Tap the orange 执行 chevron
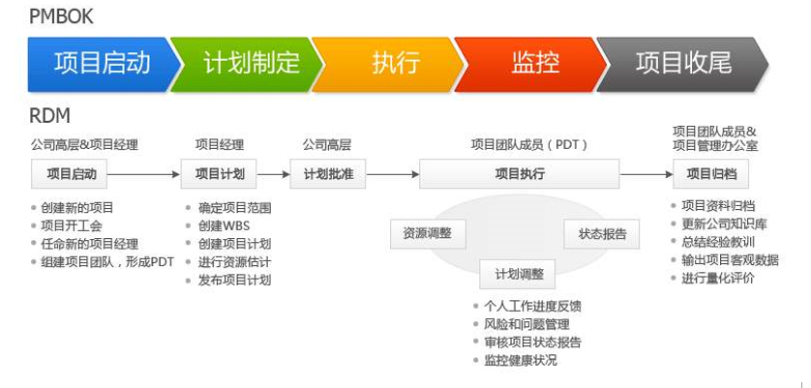tap(391, 65)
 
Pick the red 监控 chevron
tap(533, 65)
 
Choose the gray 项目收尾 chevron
tap(682, 65)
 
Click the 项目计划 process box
tap(220, 174)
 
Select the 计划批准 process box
tap(328, 174)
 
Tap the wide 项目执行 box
tap(519, 174)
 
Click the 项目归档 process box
tap(711, 174)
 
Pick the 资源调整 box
tap(427, 233)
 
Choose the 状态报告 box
tap(602, 233)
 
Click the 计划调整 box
tap(519, 274)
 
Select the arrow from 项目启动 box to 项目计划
tap(146, 175)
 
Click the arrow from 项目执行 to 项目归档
tap(646, 175)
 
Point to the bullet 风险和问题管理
tap(526, 324)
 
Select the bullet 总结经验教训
tap(718, 242)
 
